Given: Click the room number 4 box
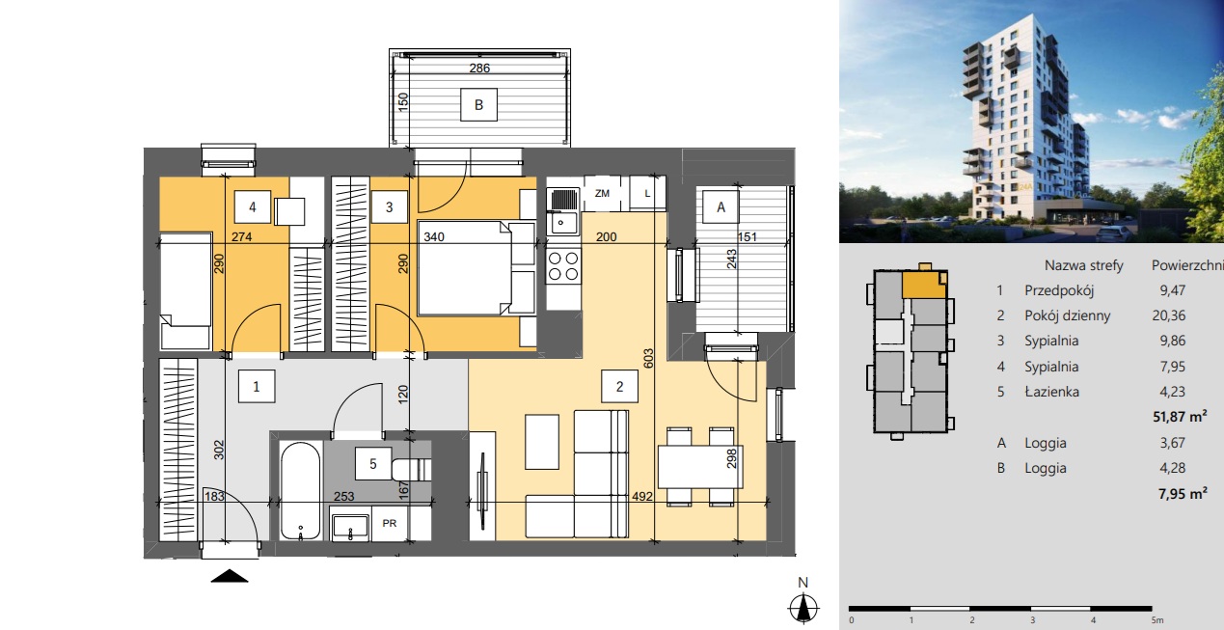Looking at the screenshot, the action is [x=252, y=206].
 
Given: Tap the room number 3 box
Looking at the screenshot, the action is [x=389, y=206].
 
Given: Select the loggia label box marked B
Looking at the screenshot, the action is [x=478, y=104].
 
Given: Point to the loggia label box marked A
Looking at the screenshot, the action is [x=721, y=206].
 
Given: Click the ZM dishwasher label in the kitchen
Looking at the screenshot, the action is [x=602, y=193].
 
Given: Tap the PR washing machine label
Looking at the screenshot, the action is [x=390, y=524].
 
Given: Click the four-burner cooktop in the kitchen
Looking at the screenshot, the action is [x=563, y=266].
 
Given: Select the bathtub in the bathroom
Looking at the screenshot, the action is [x=300, y=491].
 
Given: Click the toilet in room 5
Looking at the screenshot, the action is [x=412, y=469].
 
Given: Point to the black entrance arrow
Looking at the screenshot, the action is [x=230, y=576].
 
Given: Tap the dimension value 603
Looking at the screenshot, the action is [x=648, y=359].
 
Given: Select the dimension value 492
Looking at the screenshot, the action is [x=642, y=496].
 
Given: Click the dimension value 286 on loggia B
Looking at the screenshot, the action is [x=479, y=68].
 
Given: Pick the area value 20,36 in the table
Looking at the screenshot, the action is [x=1169, y=315].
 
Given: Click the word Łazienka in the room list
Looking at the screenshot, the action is [x=1052, y=392].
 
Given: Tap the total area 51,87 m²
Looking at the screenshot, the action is [x=1180, y=417].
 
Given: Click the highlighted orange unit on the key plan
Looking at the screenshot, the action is [x=923, y=286].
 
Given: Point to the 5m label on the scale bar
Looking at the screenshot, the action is [x=1156, y=620].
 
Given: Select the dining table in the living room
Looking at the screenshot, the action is [x=700, y=467].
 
